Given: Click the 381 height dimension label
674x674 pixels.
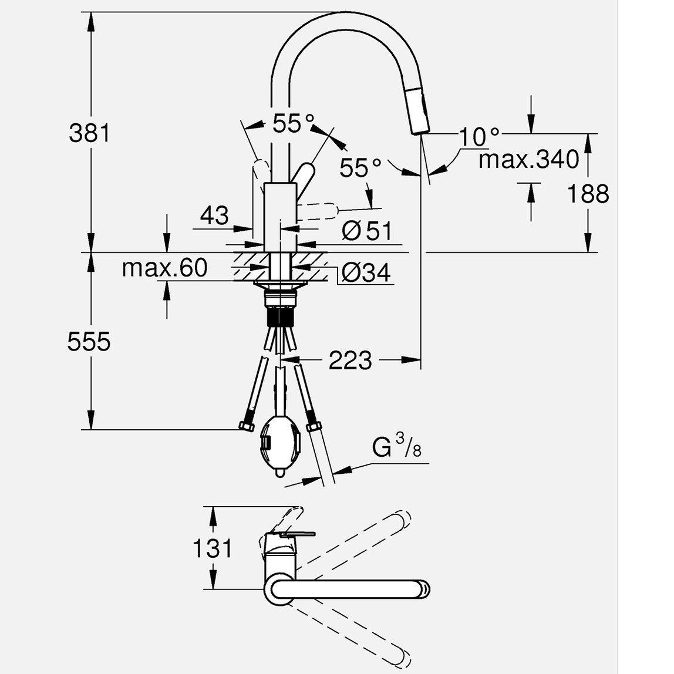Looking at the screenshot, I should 89,133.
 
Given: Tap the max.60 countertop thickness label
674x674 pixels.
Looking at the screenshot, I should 164,268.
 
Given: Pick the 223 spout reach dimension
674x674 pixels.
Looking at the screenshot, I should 350,360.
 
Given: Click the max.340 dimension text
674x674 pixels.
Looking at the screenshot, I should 528,159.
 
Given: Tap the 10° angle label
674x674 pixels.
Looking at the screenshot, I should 478,137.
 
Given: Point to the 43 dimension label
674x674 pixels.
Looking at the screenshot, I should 214,215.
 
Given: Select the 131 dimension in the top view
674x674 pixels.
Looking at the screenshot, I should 213,548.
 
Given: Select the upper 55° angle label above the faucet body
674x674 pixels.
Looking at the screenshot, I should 294,123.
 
